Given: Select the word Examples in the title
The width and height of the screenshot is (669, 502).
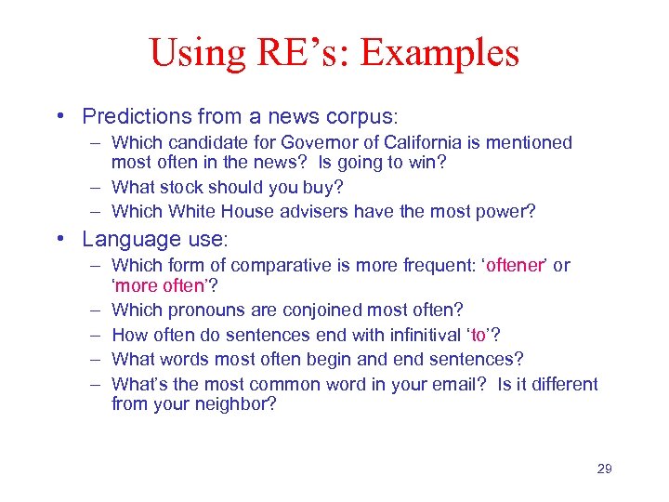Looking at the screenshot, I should point(439,53).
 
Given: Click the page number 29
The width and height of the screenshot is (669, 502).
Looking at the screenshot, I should point(604,469).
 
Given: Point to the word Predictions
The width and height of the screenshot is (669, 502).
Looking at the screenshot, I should point(135,117).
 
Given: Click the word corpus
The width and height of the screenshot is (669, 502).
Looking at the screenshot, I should point(360,117).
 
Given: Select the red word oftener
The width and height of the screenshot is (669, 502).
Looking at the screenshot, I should point(515,266).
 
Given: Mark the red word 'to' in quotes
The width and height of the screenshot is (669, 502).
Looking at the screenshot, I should point(477,335).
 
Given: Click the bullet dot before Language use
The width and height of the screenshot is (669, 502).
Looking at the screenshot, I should point(59,240).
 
